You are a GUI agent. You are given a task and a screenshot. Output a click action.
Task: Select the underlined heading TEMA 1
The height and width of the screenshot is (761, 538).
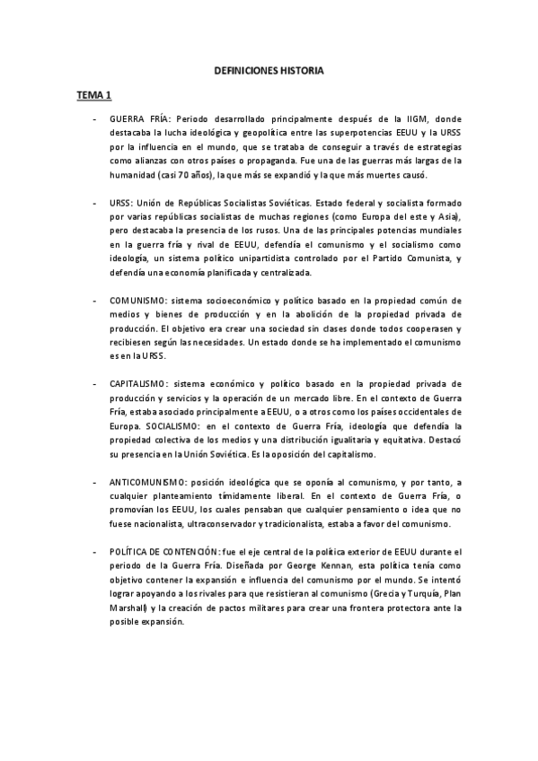(93, 93)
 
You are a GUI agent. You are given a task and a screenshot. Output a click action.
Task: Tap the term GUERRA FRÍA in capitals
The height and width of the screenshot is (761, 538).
(139, 118)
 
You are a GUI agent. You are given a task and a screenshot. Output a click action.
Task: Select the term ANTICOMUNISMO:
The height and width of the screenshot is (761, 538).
(149, 482)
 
